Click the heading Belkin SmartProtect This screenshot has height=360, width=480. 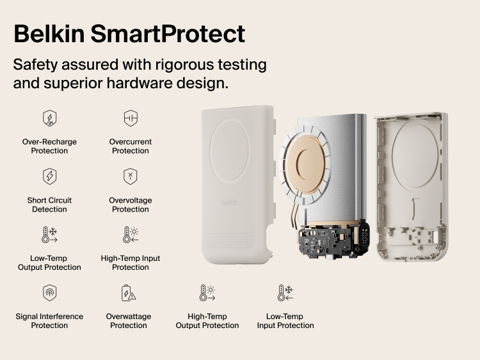click(x=129, y=33)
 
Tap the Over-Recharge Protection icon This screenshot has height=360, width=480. click(x=49, y=118)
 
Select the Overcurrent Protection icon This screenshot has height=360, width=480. click(x=131, y=118)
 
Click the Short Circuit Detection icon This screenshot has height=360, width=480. click(x=49, y=176)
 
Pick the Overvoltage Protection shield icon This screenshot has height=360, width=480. click(x=131, y=176)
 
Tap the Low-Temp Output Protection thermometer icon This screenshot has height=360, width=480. click(x=49, y=235)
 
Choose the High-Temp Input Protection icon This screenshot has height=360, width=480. click(x=131, y=235)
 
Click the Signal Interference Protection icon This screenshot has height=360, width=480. click(x=49, y=293)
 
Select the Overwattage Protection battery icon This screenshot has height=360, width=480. click(x=129, y=293)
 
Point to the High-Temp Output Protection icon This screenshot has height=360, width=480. click(x=207, y=293)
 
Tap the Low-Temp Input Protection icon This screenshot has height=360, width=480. click(x=285, y=293)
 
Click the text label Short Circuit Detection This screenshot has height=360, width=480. click(x=49, y=205)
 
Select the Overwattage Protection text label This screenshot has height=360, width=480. click(x=129, y=321)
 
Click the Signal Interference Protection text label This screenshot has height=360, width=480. click(x=49, y=321)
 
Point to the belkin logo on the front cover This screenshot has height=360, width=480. click(x=229, y=203)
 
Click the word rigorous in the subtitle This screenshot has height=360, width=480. click(x=183, y=65)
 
